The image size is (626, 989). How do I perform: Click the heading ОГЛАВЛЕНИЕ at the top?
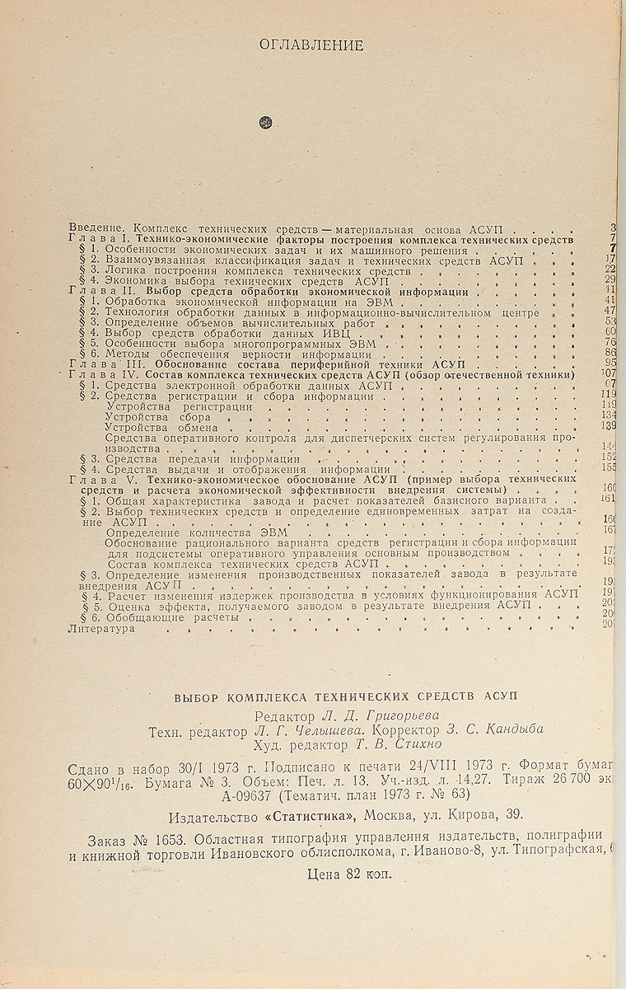(311, 45)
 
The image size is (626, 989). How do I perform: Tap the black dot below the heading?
(264, 122)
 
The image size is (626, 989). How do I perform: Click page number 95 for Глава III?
(610, 363)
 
